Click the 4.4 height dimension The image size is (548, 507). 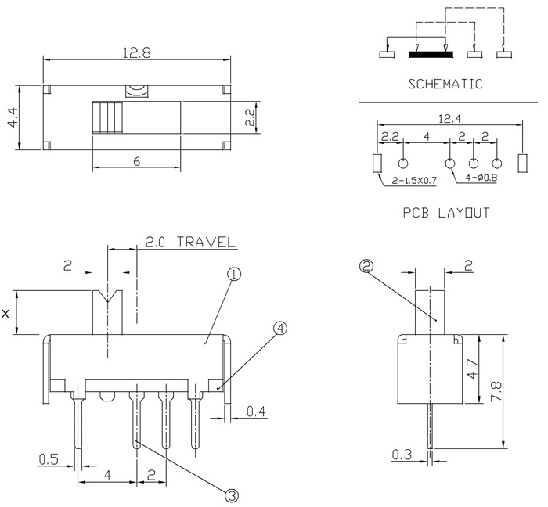pyautogui.click(x=12, y=117)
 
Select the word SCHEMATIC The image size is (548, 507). pyautogui.click(x=443, y=84)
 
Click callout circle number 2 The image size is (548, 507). pyautogui.click(x=365, y=266)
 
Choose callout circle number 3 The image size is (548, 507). pyautogui.click(x=232, y=494)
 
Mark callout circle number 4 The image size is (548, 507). pyautogui.click(x=279, y=329)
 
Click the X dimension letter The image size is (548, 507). pyautogui.click(x=6, y=314)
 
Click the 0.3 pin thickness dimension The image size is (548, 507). pyautogui.click(x=402, y=453)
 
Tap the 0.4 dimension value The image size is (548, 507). pyautogui.click(x=255, y=412)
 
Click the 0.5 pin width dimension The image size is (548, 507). pyautogui.click(x=48, y=459)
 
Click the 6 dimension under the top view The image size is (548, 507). pyautogui.click(x=137, y=162)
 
